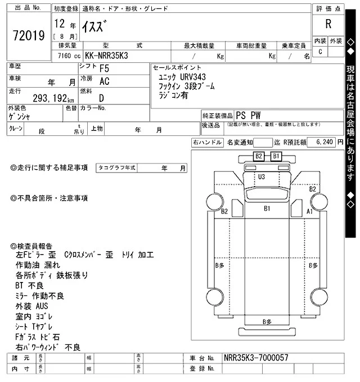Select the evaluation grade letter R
pyautogui.click(x=328, y=24)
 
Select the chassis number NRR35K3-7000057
pyautogui.click(x=256, y=358)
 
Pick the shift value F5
pyautogui.click(x=105, y=69)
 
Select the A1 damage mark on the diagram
pyautogui.click(x=309, y=212)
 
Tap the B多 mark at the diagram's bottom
pyautogui.click(x=267, y=321)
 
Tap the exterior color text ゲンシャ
pyautogui.click(x=20, y=117)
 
